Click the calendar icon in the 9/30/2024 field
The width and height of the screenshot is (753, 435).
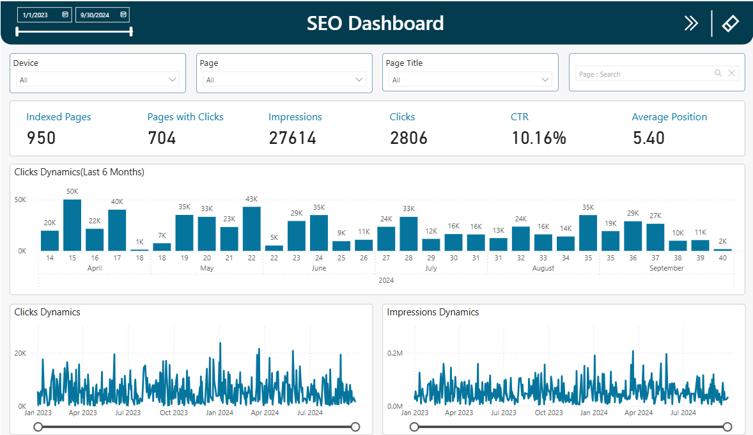(123, 15)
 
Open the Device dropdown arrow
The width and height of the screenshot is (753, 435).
(172, 80)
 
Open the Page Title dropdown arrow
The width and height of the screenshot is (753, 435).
(545, 80)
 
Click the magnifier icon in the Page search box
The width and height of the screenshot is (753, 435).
(718, 74)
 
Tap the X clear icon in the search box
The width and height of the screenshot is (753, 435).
(732, 74)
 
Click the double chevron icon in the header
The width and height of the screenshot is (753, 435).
(691, 24)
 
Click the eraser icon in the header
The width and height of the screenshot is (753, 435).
(730, 24)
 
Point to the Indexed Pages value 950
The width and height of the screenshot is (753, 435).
(41, 138)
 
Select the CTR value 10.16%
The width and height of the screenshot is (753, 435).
(539, 138)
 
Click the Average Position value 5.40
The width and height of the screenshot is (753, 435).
(649, 138)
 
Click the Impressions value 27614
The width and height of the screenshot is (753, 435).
(292, 138)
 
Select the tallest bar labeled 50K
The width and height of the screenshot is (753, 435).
(72, 225)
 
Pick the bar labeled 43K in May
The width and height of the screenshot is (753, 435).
(252, 228)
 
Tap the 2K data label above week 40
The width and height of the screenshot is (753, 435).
(722, 242)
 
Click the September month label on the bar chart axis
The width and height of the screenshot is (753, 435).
(667, 269)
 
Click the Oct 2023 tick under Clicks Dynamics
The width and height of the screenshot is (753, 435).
(174, 413)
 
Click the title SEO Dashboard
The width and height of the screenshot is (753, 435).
(375, 24)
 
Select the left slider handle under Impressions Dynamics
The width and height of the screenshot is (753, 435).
(414, 427)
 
